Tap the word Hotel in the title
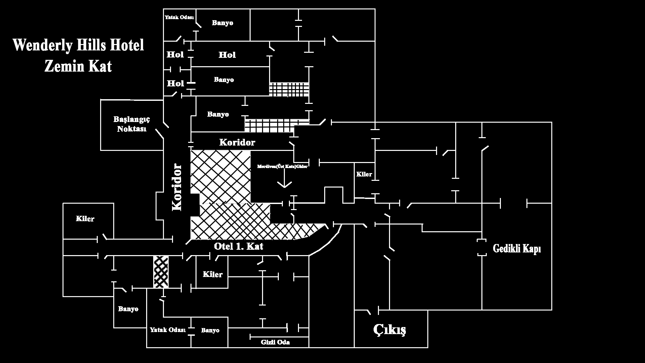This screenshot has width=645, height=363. [127, 45]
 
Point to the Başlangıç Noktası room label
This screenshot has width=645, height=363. [131, 124]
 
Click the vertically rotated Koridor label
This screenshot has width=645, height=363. [177, 187]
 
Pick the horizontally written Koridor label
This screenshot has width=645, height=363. [237, 142]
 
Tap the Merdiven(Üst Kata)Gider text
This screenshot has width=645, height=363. [283, 166]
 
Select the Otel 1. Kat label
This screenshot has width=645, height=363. [239, 246]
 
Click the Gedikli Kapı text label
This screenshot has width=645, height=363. [517, 249]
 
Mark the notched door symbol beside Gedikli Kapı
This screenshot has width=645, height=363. [482, 248]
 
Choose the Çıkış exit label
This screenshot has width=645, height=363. [390, 329]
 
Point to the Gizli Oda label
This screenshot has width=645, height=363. [275, 342]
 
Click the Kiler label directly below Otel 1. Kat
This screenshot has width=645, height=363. [213, 274]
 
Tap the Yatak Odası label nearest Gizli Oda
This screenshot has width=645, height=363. [168, 330]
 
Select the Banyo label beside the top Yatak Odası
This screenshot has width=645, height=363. [222, 23]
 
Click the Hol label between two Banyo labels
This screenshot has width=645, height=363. [227, 55]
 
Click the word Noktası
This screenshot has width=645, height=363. [132, 129]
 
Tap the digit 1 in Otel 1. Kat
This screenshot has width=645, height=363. [238, 246]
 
